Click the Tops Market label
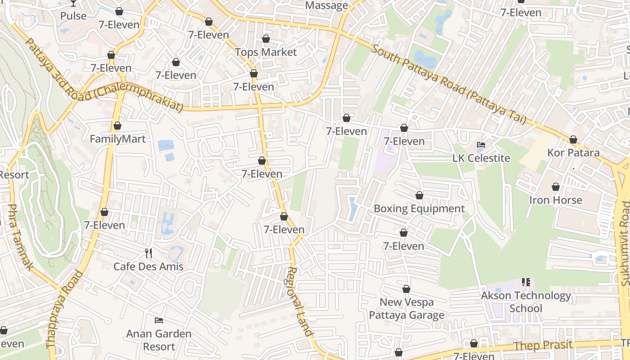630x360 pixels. click(266, 52)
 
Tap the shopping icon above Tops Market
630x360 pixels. click(266, 39)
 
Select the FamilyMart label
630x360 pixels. click(117, 139)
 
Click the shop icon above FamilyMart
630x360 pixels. click(117, 126)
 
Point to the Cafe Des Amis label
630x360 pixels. click(148, 266)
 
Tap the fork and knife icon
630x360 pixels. click(148, 253)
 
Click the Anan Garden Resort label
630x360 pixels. click(159, 340)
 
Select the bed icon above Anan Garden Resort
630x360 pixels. click(159, 320)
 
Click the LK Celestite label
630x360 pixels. click(481, 158)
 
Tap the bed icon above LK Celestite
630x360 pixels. click(481, 145)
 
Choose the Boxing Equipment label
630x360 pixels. click(419, 209)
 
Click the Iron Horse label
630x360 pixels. click(555, 200)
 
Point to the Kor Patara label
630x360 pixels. click(573, 153)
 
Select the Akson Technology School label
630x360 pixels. click(526, 302)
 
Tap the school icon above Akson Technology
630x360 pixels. click(526, 282)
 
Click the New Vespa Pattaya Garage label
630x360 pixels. click(406, 309)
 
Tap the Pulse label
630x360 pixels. click(73, 16)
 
